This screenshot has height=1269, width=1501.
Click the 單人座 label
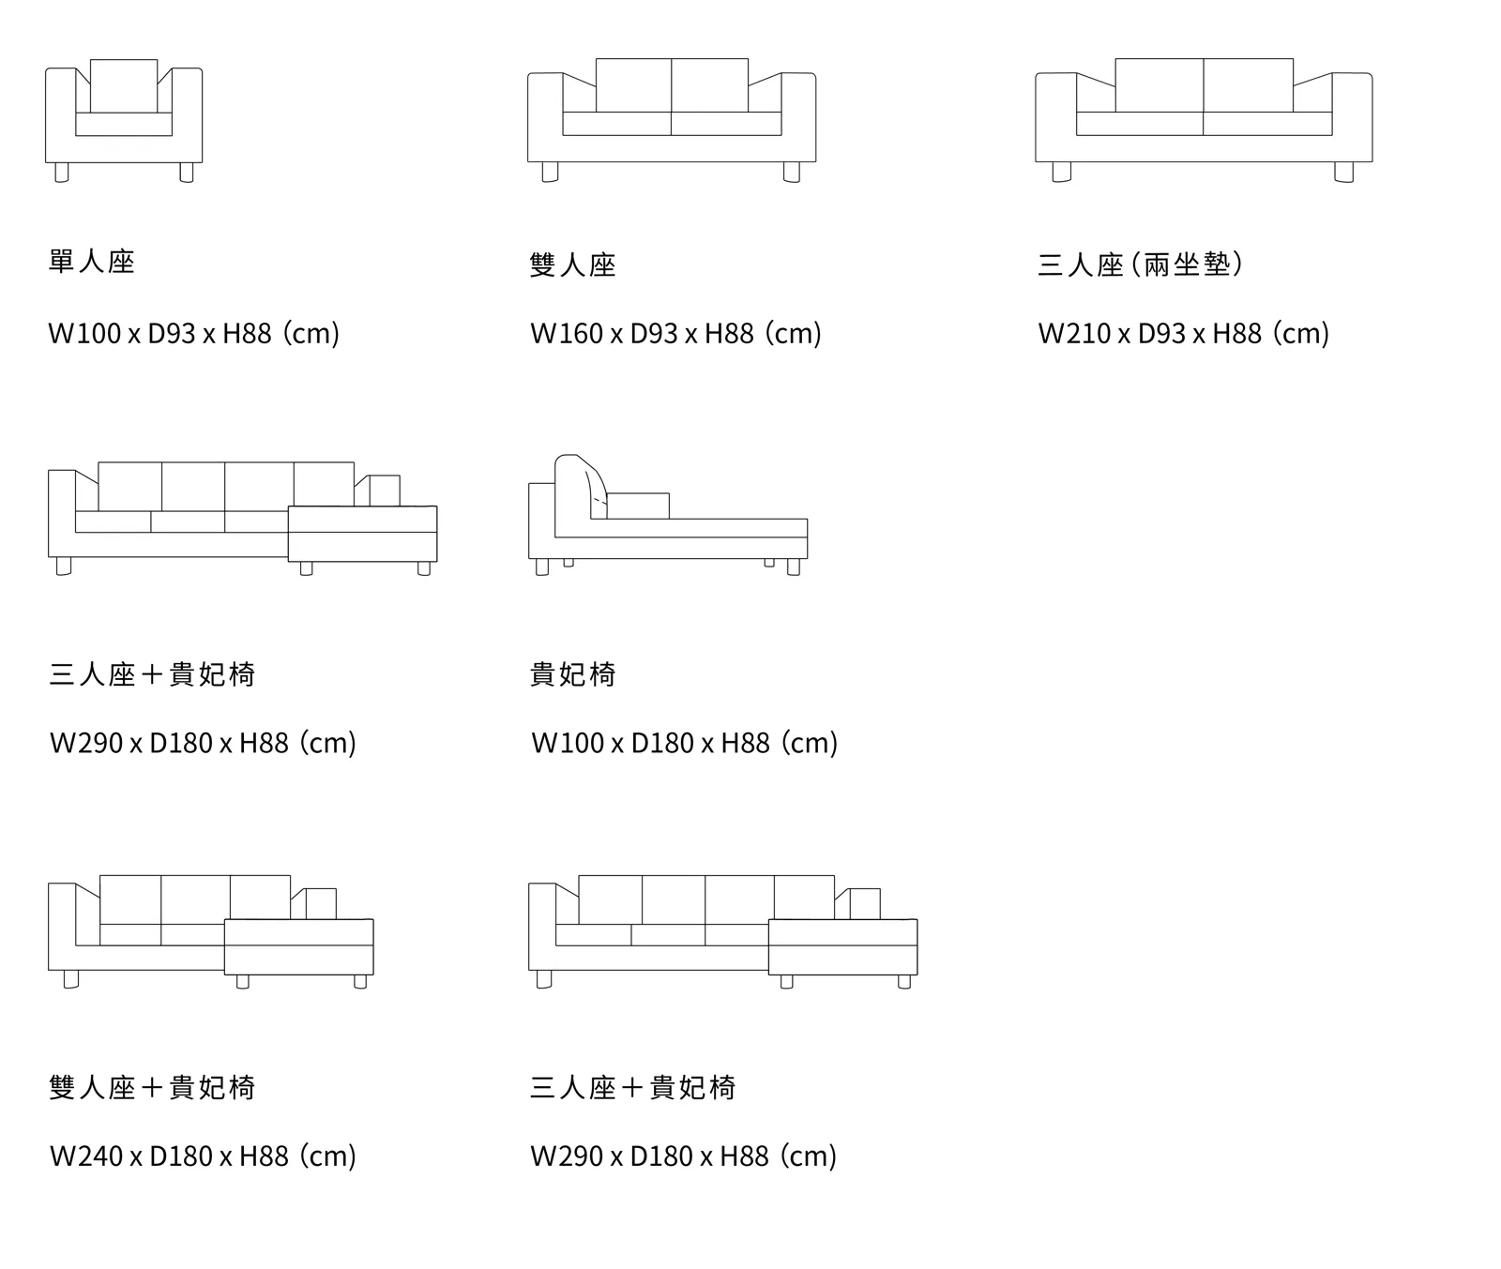tap(92, 262)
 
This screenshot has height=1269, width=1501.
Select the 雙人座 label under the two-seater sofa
tap(572, 265)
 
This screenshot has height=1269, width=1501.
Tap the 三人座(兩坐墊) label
tap(1141, 264)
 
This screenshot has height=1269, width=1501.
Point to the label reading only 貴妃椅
tap(572, 674)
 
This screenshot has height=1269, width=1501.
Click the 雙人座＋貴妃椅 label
tap(152, 1087)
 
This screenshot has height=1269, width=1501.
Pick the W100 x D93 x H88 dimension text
tap(193, 333)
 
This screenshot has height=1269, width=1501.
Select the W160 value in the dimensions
tap(566, 333)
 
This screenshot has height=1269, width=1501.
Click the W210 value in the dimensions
tap(1074, 333)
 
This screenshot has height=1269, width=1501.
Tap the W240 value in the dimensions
tap(86, 1156)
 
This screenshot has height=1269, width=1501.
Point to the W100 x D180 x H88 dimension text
tap(684, 743)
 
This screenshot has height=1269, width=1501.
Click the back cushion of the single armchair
tap(124, 85)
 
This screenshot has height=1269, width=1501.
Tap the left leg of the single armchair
tap(62, 173)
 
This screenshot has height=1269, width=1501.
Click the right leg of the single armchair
tap(187, 173)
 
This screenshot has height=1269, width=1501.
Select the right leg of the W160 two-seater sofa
tap(792, 173)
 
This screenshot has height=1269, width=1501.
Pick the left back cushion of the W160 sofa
tap(633, 85)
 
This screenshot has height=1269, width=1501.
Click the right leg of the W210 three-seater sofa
tap(1343, 173)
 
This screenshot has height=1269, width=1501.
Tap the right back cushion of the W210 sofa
tap(1248, 85)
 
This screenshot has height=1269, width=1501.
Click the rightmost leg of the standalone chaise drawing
tap(794, 567)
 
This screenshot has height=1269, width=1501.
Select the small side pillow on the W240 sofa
tap(321, 903)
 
